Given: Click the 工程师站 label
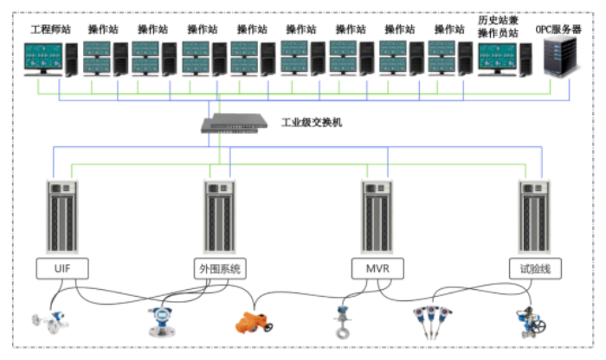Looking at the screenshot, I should click(x=48, y=29).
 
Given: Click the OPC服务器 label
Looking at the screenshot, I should click(x=558, y=29).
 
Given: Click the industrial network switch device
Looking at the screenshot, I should click(x=235, y=124).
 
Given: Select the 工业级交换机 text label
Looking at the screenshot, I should click(x=312, y=123).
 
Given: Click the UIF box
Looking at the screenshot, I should click(x=62, y=268).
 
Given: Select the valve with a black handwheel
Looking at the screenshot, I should click(x=530, y=320).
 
